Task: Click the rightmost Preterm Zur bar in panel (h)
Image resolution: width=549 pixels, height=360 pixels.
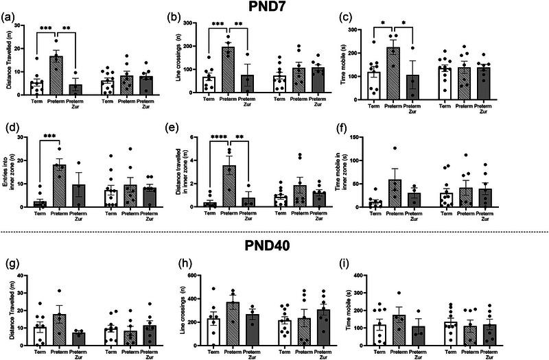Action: pyautogui.click(x=323, y=329)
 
